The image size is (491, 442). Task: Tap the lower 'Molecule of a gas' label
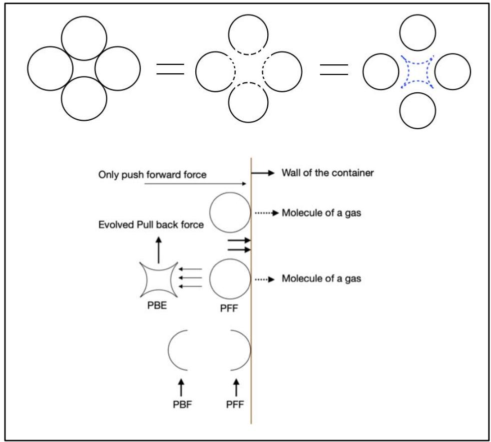click(x=322, y=278)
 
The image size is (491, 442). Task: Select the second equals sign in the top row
click(x=334, y=70)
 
